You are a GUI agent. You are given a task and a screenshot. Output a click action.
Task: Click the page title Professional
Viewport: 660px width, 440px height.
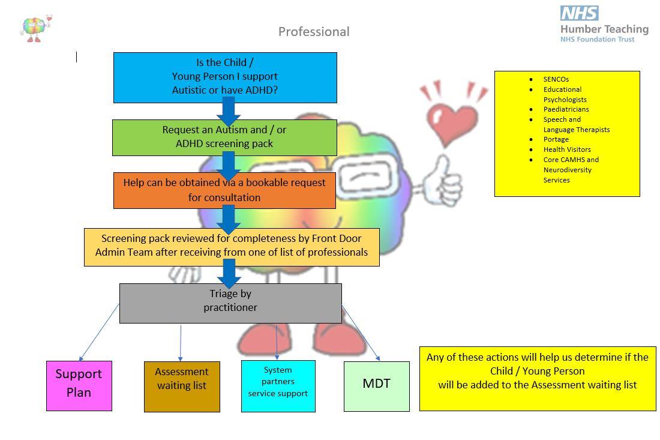click(314, 32)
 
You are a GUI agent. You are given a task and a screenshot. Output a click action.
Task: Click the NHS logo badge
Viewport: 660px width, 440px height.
click(579, 13)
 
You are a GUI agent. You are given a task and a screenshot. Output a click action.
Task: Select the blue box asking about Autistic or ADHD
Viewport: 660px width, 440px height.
click(225, 77)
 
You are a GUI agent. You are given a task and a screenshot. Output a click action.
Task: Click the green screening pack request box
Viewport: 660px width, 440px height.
click(224, 137)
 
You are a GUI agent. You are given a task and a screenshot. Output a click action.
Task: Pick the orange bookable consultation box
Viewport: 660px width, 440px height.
click(224, 190)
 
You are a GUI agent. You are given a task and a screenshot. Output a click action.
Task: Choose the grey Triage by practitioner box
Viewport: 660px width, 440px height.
click(230, 303)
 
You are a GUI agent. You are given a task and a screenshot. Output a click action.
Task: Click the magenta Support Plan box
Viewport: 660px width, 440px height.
click(79, 385)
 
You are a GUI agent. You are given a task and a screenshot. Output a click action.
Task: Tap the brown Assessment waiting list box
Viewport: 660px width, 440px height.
click(182, 386)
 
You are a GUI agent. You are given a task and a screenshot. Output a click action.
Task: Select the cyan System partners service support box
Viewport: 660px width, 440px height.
click(278, 385)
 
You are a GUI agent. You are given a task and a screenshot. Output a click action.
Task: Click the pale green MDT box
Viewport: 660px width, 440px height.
click(376, 386)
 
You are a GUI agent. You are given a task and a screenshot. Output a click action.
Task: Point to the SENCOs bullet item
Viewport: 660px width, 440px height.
click(556, 79)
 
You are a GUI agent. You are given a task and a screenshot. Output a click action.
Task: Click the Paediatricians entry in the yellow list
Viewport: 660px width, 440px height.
click(566, 109)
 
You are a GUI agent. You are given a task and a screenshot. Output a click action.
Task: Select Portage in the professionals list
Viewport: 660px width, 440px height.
click(556, 139)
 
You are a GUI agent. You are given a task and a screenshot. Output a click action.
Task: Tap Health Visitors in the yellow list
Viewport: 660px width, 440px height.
click(567, 149)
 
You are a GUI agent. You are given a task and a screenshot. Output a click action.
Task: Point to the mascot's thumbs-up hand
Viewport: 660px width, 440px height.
click(443, 180)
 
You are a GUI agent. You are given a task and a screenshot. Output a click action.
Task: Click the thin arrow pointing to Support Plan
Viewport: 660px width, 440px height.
click(98, 333)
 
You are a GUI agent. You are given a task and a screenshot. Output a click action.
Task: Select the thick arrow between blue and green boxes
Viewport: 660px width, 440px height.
click(228, 112)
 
